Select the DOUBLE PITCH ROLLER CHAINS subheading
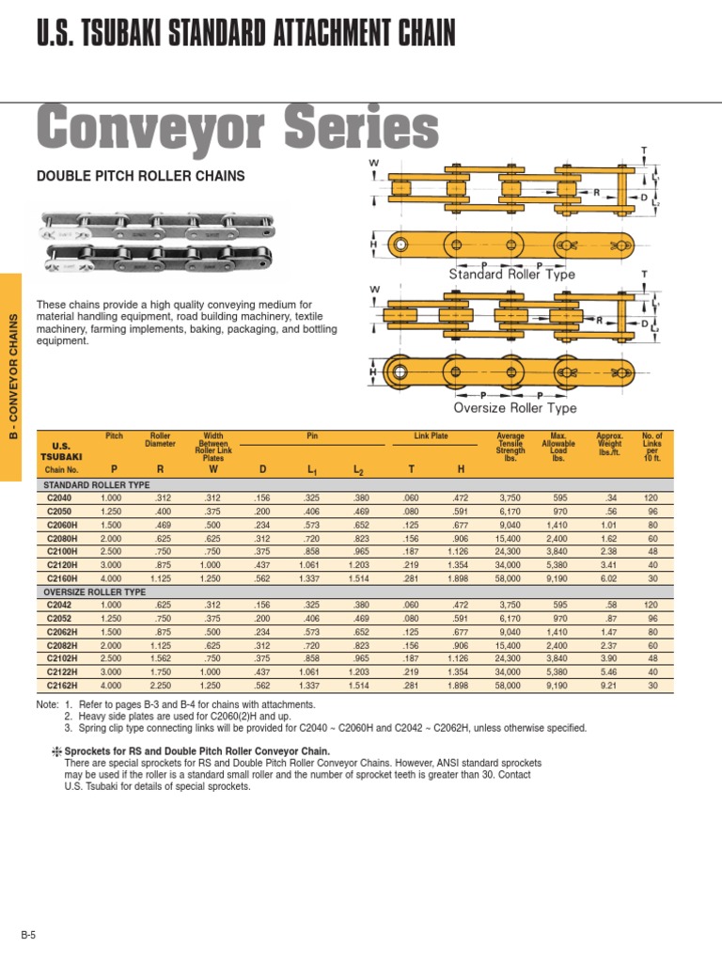click(x=140, y=176)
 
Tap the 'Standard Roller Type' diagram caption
click(x=511, y=275)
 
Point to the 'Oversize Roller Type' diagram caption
click(x=515, y=408)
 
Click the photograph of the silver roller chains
click(x=155, y=240)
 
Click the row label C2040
click(x=60, y=498)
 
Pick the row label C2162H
click(x=60, y=687)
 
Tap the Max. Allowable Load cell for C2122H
click(x=557, y=673)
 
